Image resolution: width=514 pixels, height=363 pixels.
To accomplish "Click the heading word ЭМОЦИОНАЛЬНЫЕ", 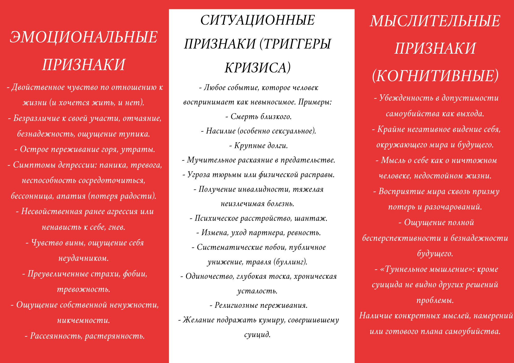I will [84, 37].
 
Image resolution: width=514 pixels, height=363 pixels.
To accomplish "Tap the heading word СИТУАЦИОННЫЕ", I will [258, 20].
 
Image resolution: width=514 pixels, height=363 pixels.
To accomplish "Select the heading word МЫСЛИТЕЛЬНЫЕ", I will [435, 21].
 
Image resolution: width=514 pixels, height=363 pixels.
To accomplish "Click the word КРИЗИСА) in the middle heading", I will [258, 68].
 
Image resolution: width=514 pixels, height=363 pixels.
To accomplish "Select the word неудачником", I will [84, 258].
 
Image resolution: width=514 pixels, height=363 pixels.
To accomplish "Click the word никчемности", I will [84, 320].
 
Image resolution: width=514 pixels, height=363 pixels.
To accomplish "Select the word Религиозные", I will [236, 305].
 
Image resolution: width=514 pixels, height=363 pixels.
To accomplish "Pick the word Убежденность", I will [406, 98].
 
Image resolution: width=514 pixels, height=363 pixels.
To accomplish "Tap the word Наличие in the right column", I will [375, 316].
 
